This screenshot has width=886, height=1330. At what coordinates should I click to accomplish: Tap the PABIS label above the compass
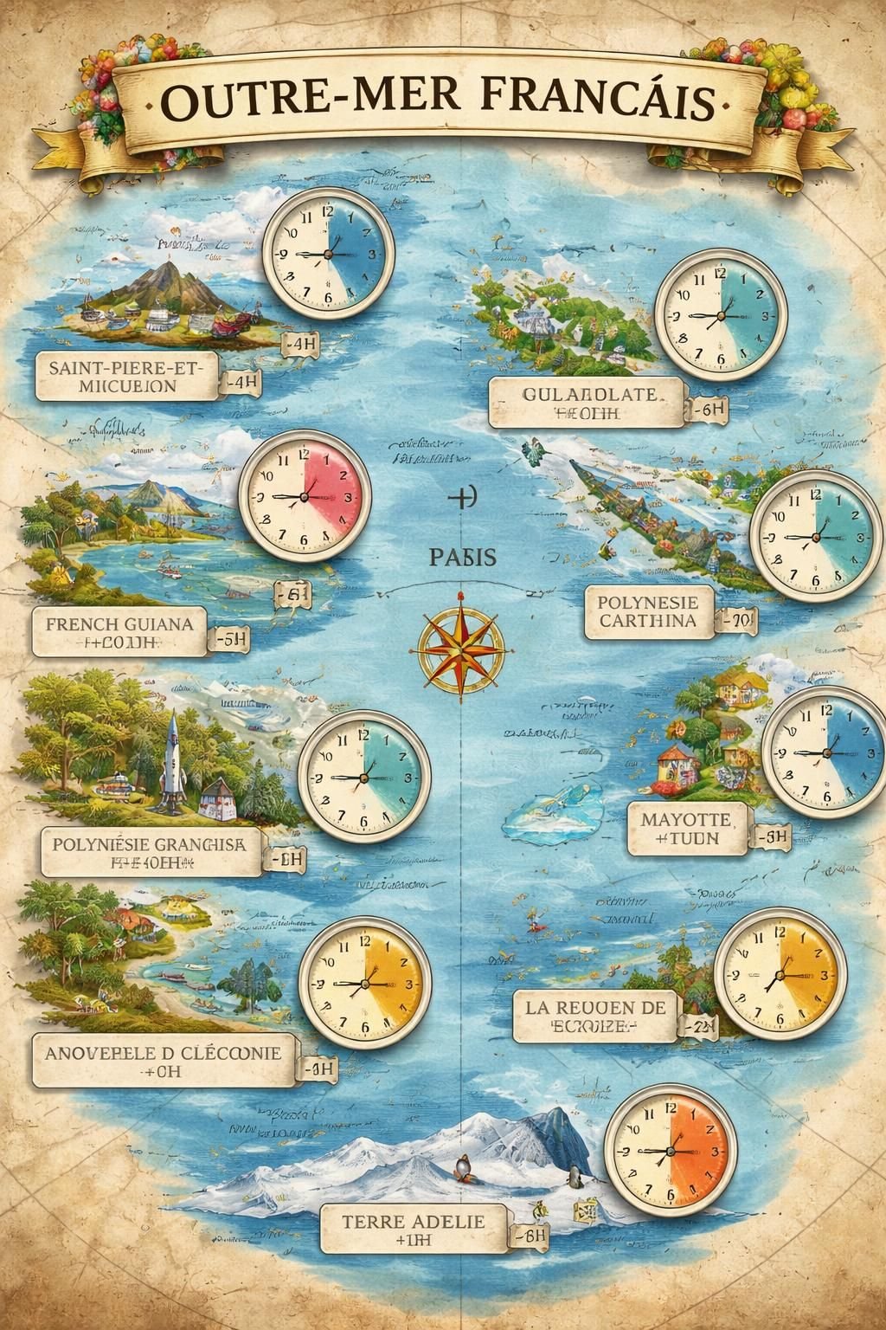click(462, 557)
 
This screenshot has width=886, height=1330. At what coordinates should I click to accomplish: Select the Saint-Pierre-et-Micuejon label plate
click(127, 377)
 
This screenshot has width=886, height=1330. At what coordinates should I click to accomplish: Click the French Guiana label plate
click(119, 632)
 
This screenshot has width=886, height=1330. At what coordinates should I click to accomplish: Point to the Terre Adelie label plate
click(414, 1230)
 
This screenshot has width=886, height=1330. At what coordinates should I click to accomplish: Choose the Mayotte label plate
click(687, 828)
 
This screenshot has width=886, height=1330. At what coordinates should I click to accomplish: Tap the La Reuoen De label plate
click(594, 1017)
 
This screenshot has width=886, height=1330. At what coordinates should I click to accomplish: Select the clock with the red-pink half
click(305, 497)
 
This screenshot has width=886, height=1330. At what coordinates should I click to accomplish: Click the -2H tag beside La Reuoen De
click(697, 1025)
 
